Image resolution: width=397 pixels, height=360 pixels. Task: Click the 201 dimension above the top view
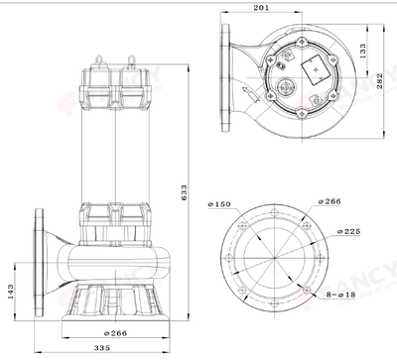coord(260,9)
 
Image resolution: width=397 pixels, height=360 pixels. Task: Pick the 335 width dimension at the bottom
coord(95,349)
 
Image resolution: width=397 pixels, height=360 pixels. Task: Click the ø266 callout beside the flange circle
coord(332,201)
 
